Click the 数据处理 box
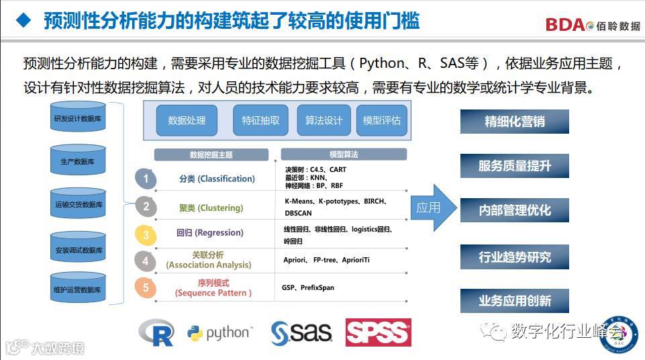click(187, 120)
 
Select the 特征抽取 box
click(261, 120)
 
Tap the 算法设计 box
click(324, 120)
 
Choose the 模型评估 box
click(382, 120)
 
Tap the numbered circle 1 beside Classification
click(146, 179)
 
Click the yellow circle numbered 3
click(146, 234)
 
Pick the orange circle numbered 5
click(146, 288)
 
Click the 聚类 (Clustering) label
click(211, 207)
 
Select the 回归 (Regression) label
click(209, 232)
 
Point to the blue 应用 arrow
click(432, 208)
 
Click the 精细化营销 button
click(514, 122)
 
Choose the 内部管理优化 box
click(514, 210)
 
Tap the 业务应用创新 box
click(514, 300)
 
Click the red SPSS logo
click(378, 332)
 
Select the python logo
click(219, 332)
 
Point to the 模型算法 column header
click(344, 154)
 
